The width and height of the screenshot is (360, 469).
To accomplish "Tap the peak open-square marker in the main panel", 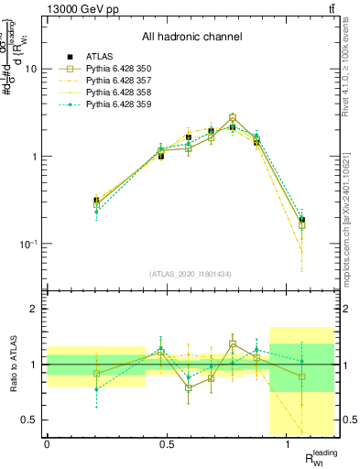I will (x=233, y=118).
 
